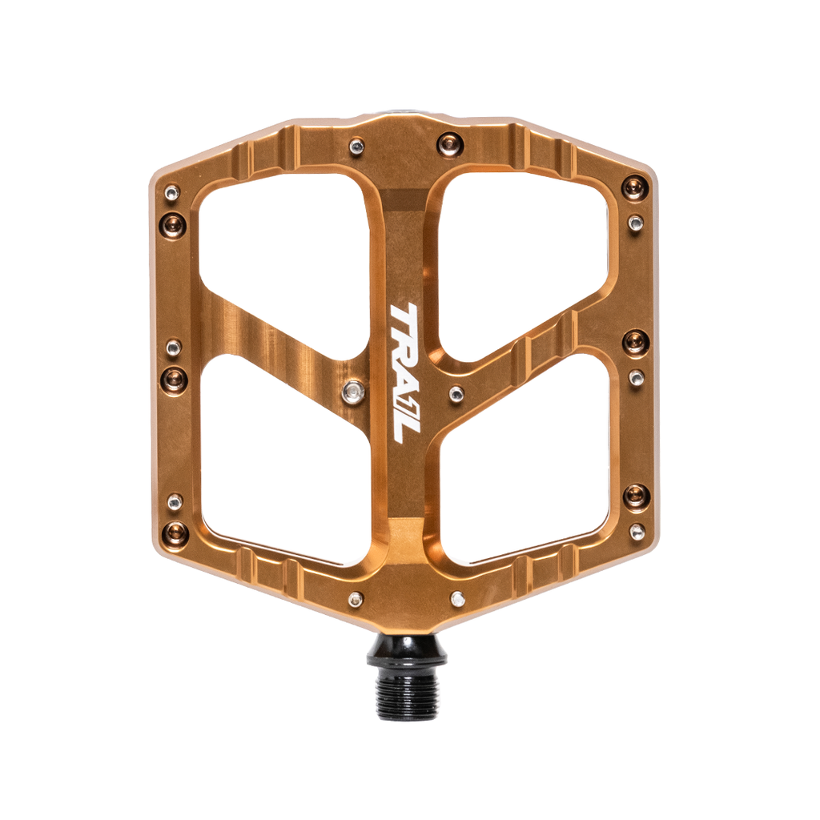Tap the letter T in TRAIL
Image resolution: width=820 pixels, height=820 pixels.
click(402, 317)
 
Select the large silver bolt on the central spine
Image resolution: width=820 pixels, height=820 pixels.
click(352, 392)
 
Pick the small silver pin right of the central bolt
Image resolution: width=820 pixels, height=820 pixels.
click(456, 393)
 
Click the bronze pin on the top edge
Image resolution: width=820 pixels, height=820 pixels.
click(450, 143)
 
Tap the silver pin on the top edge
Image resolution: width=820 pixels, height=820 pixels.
click(357, 147)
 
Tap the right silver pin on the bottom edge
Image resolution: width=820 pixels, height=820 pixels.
click(457, 598)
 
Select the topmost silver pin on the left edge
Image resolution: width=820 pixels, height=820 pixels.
click(172, 192)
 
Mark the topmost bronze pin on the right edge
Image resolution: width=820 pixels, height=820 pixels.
click(635, 188)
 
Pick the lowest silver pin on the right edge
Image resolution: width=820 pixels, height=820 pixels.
click(637, 532)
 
